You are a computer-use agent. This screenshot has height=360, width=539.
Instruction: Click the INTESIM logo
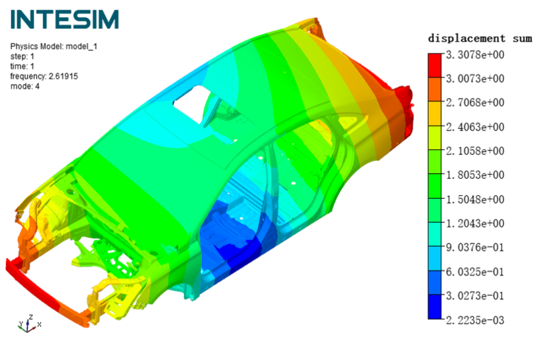pyautogui.click(x=65, y=19)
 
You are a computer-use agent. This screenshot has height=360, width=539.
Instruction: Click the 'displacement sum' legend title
pyautogui.click(x=480, y=38)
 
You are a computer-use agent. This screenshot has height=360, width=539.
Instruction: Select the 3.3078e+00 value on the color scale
pyautogui.click(x=475, y=54)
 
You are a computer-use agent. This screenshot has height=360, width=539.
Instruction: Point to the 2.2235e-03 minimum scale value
pyautogui.click(x=475, y=320)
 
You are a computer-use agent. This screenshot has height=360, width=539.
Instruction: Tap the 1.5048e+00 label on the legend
pyautogui.click(x=475, y=199)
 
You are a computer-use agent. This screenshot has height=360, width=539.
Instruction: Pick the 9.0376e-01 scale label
pyautogui.click(x=475, y=247)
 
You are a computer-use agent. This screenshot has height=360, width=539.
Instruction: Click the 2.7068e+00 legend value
pyautogui.click(x=475, y=102)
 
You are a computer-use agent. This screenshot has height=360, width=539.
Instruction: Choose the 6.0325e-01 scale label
pyautogui.click(x=475, y=272)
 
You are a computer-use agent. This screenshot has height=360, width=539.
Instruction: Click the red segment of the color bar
pyautogui.click(x=435, y=65)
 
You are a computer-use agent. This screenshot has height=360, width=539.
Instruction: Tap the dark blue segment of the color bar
pyautogui.click(x=435, y=307)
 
